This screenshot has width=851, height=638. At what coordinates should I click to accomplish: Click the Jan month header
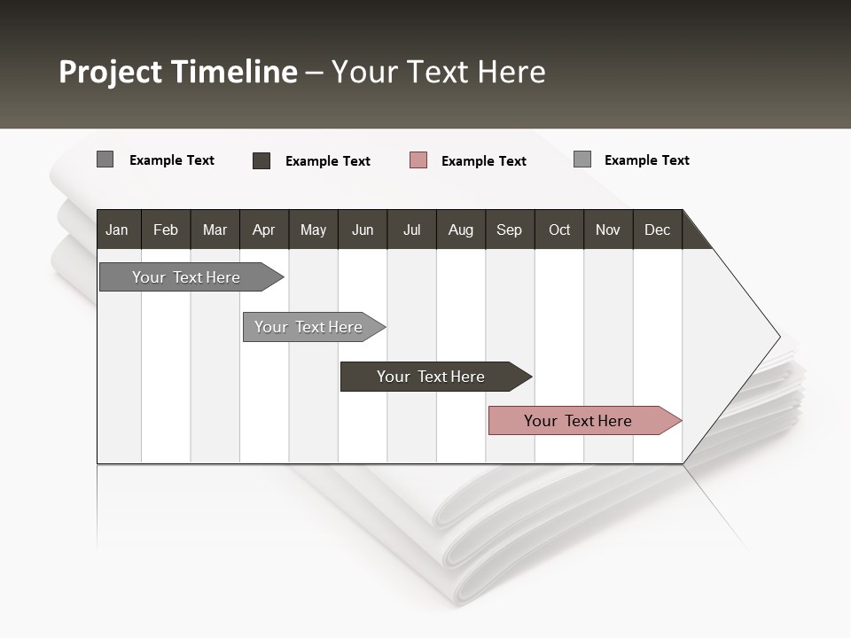click(x=118, y=230)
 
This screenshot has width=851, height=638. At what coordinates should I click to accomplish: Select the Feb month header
click(x=166, y=230)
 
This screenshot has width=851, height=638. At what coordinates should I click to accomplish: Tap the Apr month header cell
click(x=264, y=230)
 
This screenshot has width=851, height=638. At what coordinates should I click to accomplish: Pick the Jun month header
click(x=363, y=230)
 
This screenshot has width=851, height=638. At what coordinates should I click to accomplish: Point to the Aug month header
click(x=461, y=230)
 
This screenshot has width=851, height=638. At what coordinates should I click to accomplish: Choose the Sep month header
click(x=510, y=230)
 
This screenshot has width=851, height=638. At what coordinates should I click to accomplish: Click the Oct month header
click(x=559, y=230)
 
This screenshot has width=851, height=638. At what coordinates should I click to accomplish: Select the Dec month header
click(x=658, y=230)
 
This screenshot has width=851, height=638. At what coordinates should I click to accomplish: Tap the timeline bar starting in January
click(x=187, y=277)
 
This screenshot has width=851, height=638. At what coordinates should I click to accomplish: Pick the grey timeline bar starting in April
click(x=309, y=327)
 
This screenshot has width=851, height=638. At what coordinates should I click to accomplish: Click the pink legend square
click(x=418, y=160)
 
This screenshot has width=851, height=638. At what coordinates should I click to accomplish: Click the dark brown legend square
click(x=262, y=160)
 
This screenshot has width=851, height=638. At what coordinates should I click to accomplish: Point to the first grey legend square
click(x=105, y=159)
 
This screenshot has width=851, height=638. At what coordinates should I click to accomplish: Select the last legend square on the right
click(x=582, y=159)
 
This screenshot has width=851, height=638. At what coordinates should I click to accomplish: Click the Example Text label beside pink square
click(x=484, y=161)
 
